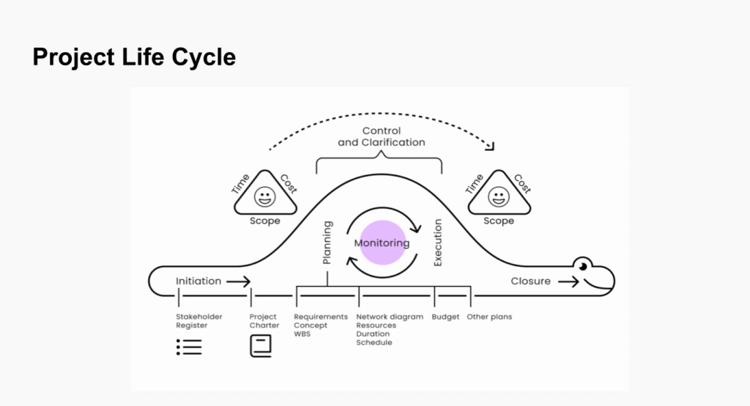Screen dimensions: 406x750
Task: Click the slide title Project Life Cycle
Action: coord(134,56)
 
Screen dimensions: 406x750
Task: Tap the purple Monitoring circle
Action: coord(382,243)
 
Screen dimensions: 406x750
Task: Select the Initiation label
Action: coord(198,281)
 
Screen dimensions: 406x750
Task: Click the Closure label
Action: coord(530,281)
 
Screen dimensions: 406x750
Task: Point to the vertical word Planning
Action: coord(327,243)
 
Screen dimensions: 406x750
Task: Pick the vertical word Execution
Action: coord(438,243)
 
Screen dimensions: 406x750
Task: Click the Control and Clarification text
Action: coord(381,136)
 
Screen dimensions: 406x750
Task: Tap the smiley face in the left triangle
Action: coord(265,196)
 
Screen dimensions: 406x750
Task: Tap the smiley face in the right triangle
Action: coord(499,196)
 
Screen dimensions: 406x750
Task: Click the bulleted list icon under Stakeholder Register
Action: coord(189,347)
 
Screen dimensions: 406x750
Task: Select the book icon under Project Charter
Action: coord(261,345)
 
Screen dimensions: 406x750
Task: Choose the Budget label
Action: coord(446,317)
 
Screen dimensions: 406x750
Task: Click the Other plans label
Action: coord(489,317)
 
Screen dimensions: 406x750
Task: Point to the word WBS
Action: coord(302,334)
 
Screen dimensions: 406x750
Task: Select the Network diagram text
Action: coord(390,317)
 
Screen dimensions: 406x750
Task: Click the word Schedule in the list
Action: coord(374,343)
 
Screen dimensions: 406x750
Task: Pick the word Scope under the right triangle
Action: coord(499,221)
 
